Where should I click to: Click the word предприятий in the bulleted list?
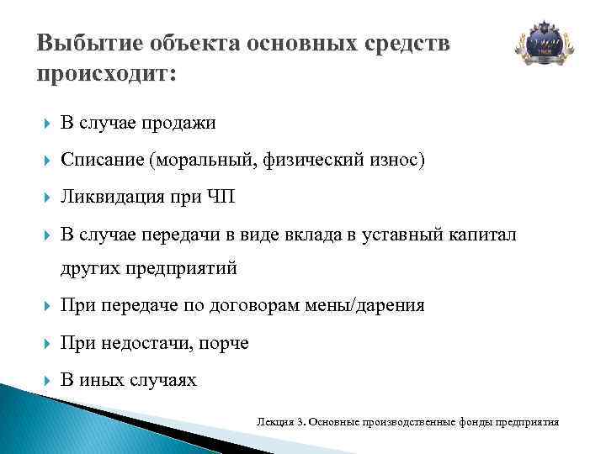(184, 269)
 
